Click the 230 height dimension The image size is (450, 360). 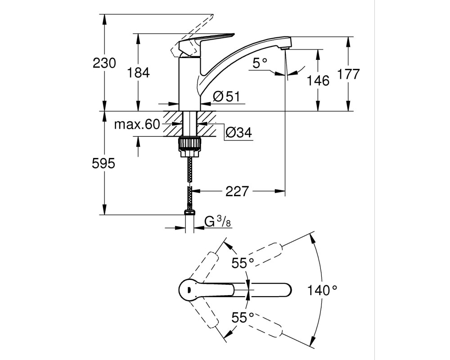pos(104,63)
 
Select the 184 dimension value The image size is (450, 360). pos(138,72)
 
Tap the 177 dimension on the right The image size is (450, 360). pos(348,74)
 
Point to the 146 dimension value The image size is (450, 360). pos(318,81)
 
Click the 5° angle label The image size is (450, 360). pos(260,63)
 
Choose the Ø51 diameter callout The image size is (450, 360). pos(226,96)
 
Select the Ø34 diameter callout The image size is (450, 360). pos(239,132)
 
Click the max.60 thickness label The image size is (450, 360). pos(137,124)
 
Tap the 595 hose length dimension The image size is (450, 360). pos(103,163)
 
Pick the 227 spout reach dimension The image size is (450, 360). pos(237,191)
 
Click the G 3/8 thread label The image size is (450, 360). pos(218,221)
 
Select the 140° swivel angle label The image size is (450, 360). pos(322,290)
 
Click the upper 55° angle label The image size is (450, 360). pos(243,263)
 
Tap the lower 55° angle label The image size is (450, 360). pos(243,318)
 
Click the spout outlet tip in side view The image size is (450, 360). pos(286,48)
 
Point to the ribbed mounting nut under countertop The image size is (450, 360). pos(189,143)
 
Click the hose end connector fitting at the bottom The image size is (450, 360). pos(189,212)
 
